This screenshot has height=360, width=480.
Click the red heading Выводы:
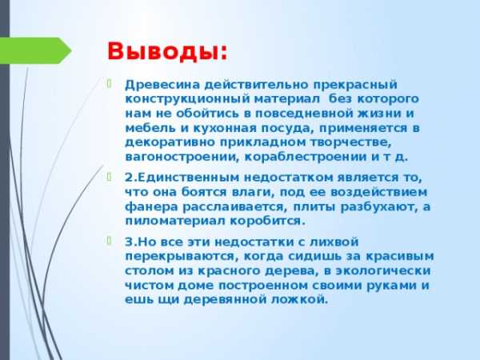pos(167,51)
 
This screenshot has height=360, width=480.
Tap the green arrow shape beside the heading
pos(35,50)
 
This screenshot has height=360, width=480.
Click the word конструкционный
pos(188,99)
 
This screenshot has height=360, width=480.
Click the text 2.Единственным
pos(182,178)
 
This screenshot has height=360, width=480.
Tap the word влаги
pos(251,192)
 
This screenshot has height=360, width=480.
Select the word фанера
pos(151,207)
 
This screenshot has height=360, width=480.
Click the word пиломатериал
pos(174,221)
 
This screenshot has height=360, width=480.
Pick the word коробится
pos(267,221)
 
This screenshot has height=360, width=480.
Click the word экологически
pos(383,271)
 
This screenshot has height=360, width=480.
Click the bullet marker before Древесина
pos(110,83)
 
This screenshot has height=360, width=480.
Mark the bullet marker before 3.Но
pos(110,241)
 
